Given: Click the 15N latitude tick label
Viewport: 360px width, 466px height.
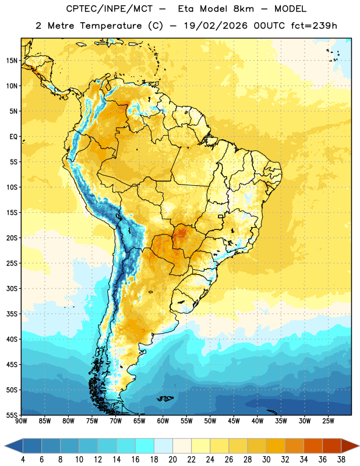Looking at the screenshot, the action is click(12, 61).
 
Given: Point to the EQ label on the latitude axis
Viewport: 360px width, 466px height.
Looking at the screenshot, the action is click(13, 137).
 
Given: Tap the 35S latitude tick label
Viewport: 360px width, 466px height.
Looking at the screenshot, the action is click(12, 314).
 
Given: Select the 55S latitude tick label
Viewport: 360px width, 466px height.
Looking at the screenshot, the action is click(12, 415).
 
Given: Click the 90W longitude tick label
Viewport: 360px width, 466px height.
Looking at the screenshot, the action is click(21, 421).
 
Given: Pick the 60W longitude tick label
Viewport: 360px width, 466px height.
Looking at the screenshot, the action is click(163, 421).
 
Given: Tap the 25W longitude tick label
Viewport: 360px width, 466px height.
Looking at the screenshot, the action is click(328, 421).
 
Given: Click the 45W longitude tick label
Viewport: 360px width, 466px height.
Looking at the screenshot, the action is click(234, 421).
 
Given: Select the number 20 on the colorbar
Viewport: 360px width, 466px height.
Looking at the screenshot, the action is click(172, 460).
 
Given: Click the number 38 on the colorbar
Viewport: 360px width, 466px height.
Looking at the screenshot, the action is click(341, 460).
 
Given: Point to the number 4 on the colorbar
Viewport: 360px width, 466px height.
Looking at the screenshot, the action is click(23, 460).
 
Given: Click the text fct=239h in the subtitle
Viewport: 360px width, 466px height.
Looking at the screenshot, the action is click(314, 26).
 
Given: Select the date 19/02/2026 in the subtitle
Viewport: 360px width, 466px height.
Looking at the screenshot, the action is click(216, 26).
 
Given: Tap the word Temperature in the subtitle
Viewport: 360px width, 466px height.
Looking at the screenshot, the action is click(111, 26).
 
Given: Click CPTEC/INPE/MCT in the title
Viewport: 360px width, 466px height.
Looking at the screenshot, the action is click(109, 9).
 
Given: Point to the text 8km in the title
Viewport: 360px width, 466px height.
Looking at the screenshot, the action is click(243, 9).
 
